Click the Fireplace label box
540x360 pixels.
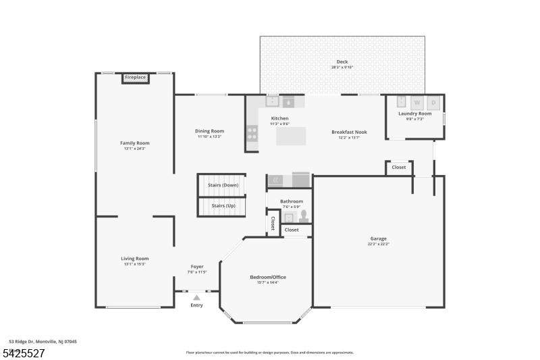pyautogui.click(x=135, y=78)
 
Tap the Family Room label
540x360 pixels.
pyautogui.click(x=135, y=143)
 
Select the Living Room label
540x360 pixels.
pyautogui.click(x=135, y=259)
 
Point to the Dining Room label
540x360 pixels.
pyautogui.click(x=209, y=131)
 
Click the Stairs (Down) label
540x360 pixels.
pyautogui.click(x=223, y=184)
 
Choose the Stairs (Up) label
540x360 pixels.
pyautogui.click(x=223, y=205)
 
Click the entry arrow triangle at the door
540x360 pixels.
pyautogui.click(x=196, y=297)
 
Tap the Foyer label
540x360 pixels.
pyautogui.click(x=197, y=267)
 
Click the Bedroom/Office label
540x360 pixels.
pyautogui.click(x=267, y=277)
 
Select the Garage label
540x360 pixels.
pyautogui.click(x=378, y=238)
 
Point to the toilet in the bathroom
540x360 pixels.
pyautogui.click(x=304, y=216)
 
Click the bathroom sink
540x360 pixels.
pyautogui.click(x=289, y=217)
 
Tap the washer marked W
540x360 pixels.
pyautogui.click(x=416, y=103)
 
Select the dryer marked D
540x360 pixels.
pyautogui.click(x=433, y=103)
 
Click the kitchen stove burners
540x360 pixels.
pyautogui.click(x=252, y=133)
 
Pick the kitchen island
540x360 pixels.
pyautogui.click(x=291, y=136)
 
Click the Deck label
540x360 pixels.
pyautogui.click(x=342, y=61)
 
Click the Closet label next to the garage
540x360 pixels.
pyautogui.click(x=399, y=167)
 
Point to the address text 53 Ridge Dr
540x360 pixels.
pyautogui.click(x=43, y=342)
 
